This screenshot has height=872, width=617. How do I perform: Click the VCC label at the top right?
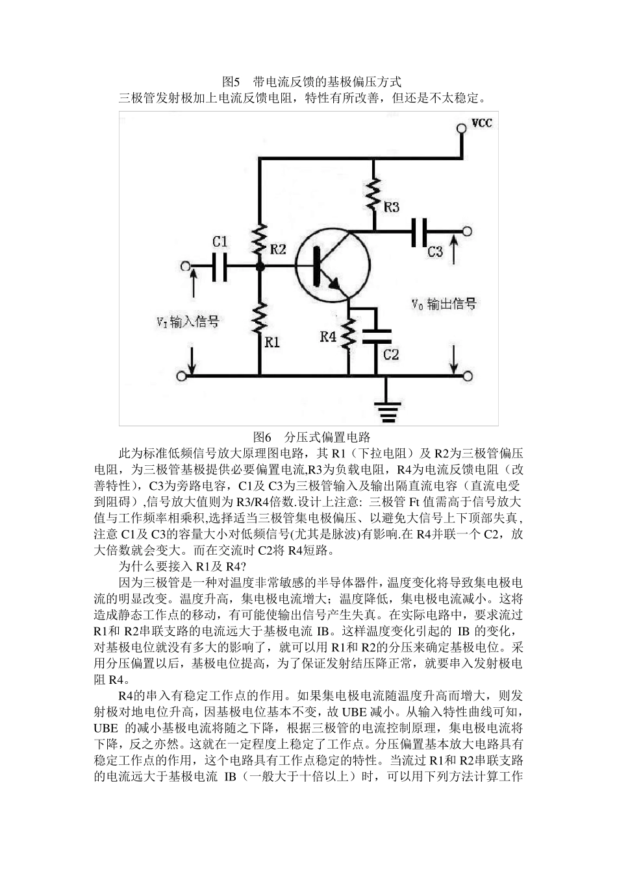pyautogui.click(x=481, y=123)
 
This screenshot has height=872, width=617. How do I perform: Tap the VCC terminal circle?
pyautogui.click(x=462, y=128)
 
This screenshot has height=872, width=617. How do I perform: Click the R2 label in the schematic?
pyautogui.click(x=279, y=249)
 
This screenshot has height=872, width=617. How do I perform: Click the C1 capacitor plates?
pyautogui.click(x=220, y=266)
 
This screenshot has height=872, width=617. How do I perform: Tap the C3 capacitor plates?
pyautogui.click(x=419, y=232)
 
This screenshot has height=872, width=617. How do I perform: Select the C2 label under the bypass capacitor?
pyautogui.click(x=391, y=355)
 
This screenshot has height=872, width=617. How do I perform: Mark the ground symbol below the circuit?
pyautogui.click(x=389, y=409)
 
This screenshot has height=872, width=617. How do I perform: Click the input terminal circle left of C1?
pyautogui.click(x=186, y=266)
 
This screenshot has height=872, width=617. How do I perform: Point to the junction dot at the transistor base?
pyautogui.click(x=260, y=266)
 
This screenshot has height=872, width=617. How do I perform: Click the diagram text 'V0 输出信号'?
pyautogui.click(x=444, y=304)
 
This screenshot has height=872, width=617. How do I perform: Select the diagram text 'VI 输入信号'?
pyautogui.click(x=187, y=322)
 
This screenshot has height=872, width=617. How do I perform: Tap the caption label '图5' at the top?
pyautogui.click(x=231, y=82)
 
